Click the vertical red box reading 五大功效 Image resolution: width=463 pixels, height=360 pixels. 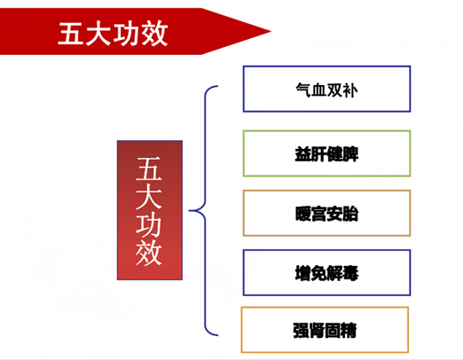pos(150,210)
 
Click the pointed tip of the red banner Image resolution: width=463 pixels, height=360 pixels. pos(271,31)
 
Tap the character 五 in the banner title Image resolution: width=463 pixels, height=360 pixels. pos(71,34)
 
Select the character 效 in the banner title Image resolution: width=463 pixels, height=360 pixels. pos(154,34)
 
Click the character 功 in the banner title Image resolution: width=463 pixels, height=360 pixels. pos(127,34)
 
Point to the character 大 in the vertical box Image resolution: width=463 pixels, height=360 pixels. pos(149,196)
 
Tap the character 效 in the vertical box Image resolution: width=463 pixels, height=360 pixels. pos(149,252)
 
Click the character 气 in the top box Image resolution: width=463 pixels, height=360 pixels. pos(303,90)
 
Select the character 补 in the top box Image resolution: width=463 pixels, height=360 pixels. pos(349,90)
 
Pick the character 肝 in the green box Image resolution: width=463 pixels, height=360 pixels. pos(318,154)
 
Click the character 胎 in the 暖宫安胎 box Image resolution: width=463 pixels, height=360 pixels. pos(350,214)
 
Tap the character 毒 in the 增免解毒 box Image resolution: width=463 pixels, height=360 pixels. pos(350,273)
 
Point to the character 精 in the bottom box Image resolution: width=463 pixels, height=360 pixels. pos(349,331)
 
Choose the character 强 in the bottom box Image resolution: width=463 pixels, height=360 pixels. pos(301,331)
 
